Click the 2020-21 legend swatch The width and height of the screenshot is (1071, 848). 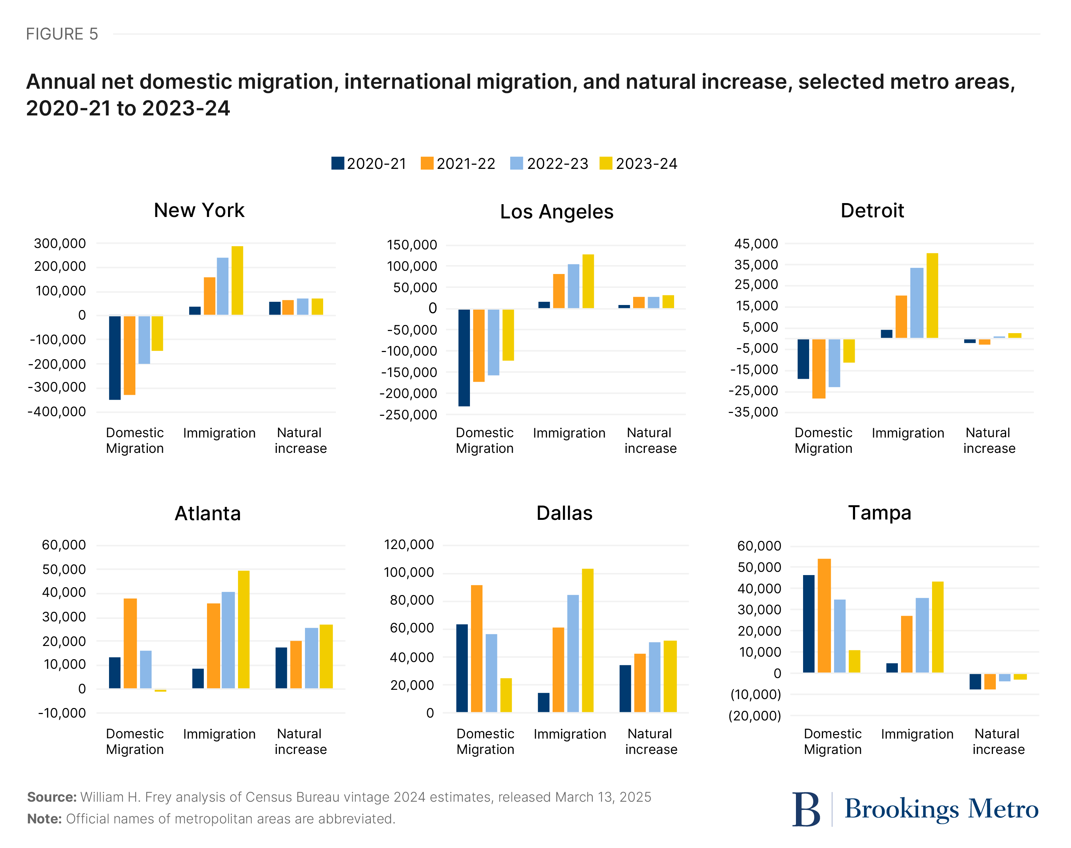338,163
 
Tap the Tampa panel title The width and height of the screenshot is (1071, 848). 879,512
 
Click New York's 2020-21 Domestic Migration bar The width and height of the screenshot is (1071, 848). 115,357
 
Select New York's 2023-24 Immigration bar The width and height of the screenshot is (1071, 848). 237,280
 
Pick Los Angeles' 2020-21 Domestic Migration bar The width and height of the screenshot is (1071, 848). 464,357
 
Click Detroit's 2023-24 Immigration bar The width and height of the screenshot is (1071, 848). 932,295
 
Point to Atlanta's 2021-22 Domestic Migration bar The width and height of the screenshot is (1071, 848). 130,643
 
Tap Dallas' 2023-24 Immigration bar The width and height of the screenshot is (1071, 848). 588,641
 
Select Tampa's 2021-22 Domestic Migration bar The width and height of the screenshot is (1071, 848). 824,616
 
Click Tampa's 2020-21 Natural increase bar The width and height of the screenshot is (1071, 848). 975,681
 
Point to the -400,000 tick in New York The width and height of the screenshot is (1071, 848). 57,412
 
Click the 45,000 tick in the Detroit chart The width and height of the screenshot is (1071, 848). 756,244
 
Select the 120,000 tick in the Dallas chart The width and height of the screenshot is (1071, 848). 409,545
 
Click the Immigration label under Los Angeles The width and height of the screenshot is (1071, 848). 569,433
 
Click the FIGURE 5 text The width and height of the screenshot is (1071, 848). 62,34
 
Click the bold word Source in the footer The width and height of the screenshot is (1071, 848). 51,797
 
